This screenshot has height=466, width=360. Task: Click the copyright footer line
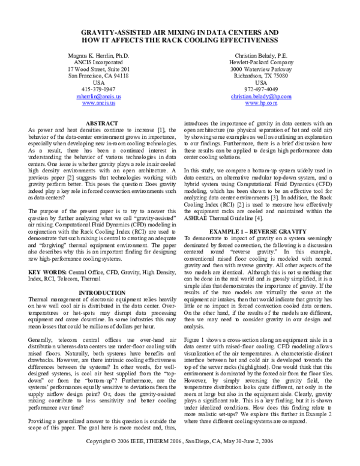[x=180, y=458]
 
